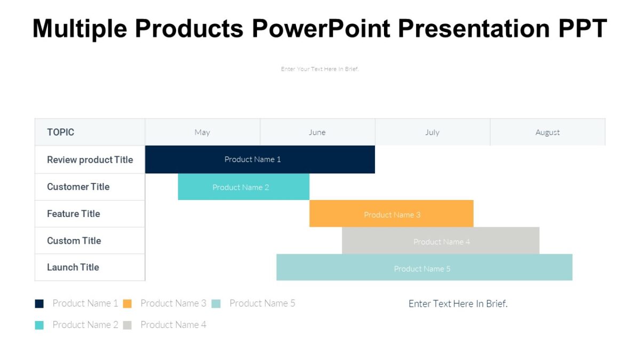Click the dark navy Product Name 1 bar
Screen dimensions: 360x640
coord(260,159)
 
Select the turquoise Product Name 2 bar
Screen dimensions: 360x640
coord(243,187)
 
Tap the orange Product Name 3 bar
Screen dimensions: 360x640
coord(391,214)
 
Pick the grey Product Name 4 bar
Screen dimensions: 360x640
coord(441,242)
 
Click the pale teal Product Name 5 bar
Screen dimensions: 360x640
coord(424,268)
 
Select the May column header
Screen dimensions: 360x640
coord(202,132)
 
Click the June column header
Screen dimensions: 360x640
coord(317,132)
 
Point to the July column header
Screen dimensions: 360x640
coord(433,132)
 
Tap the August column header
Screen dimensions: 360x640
coord(548,132)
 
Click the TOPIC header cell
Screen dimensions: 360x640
coord(61,132)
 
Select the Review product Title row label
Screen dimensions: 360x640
coord(90,159)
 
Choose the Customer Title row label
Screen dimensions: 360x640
coord(78,187)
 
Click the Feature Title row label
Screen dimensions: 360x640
coord(73,213)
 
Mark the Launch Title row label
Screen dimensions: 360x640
coord(73,267)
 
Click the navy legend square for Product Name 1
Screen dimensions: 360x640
coord(39,303)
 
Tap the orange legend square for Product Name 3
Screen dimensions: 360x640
coord(127,303)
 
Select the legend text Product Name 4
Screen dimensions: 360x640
coord(173,325)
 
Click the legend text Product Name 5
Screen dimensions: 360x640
coord(262,303)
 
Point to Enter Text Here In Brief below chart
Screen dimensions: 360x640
coord(458,303)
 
